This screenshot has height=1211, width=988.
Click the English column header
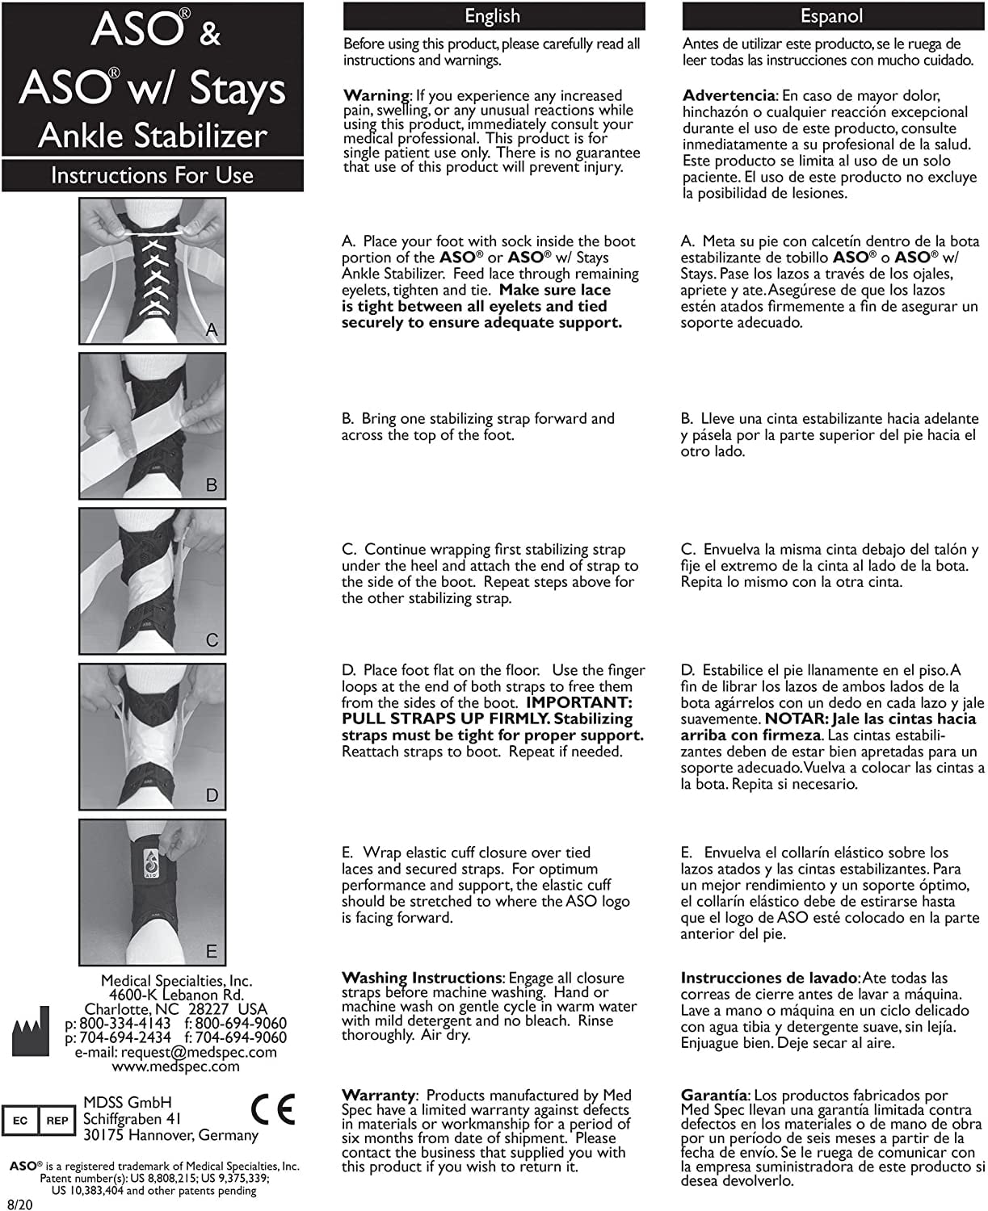493,16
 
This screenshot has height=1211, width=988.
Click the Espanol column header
831,16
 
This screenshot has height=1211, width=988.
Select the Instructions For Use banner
152,175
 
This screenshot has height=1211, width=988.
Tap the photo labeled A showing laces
152,270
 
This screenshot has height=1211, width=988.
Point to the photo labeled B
152,425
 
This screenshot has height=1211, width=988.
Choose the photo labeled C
152,580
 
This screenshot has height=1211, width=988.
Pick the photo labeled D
152,736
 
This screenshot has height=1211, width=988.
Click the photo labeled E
152,892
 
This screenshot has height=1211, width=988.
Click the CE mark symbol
274,1109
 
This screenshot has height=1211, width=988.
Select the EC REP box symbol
39,1121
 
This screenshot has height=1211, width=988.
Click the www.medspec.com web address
175,1066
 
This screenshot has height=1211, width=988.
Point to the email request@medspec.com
175,1052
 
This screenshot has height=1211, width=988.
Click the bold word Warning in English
376,96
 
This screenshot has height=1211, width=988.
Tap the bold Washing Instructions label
421,978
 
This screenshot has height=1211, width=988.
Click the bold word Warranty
377,1096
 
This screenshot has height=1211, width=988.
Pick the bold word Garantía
714,1096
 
